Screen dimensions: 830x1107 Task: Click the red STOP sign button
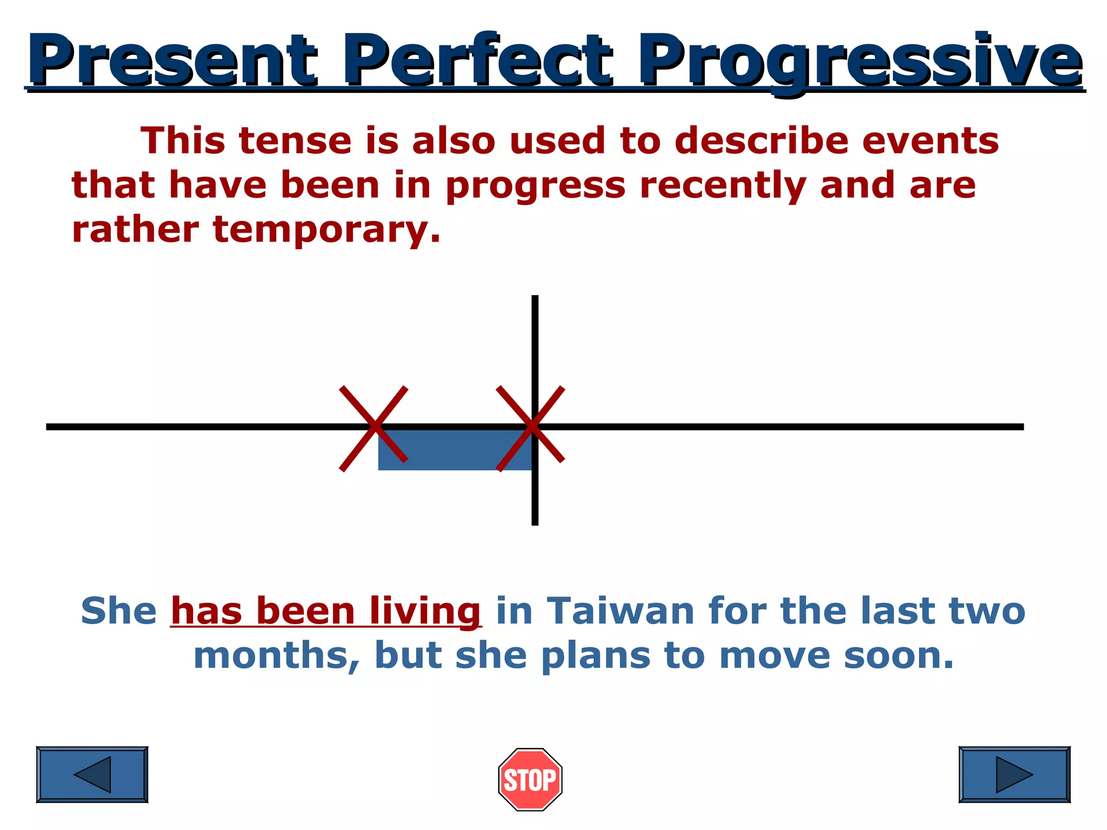coord(530,779)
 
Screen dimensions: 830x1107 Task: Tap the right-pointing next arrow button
coord(1014,774)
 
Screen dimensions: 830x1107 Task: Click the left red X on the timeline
coord(374,428)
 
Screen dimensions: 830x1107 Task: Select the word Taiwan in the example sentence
coord(621,611)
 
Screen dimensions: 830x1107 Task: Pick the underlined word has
coord(206,611)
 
